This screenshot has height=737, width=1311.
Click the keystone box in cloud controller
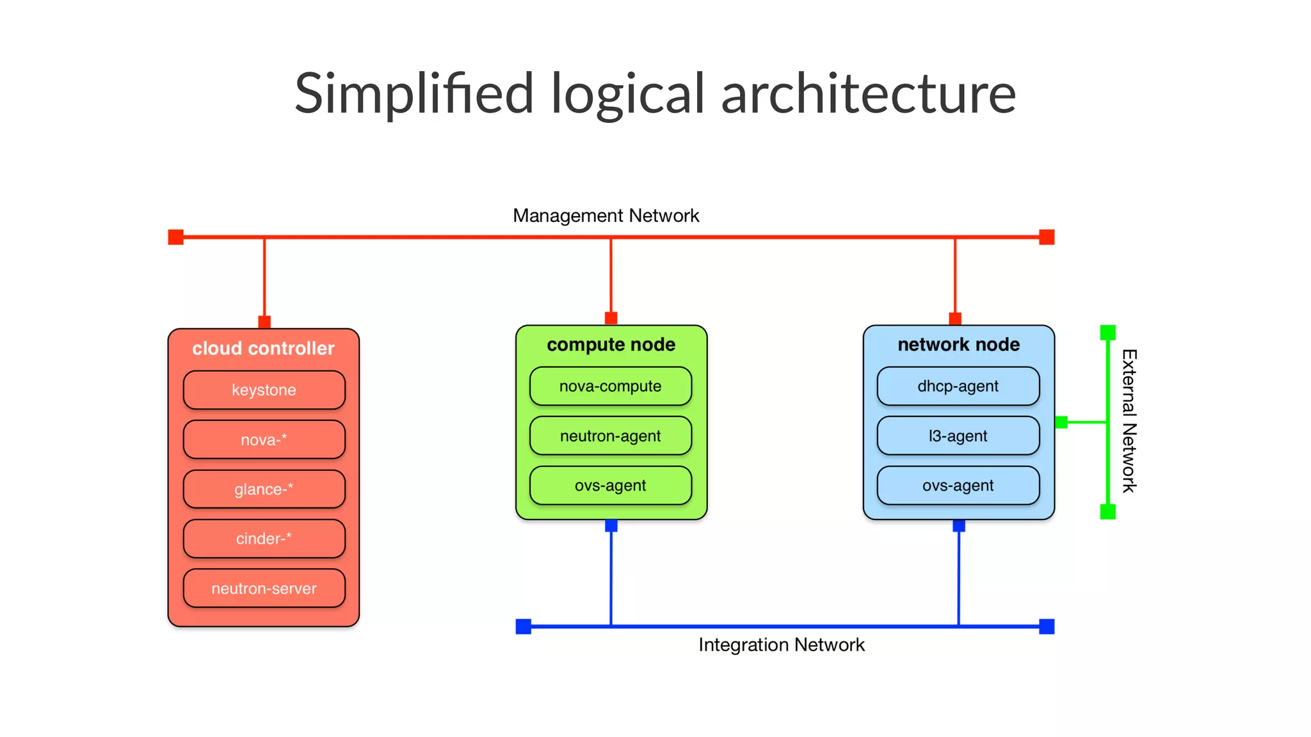(264, 390)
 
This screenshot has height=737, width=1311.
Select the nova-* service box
(264, 440)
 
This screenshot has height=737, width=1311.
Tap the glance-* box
(264, 489)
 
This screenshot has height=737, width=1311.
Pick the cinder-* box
(264, 539)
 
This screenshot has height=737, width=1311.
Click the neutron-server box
(264, 588)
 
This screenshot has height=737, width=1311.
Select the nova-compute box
(611, 386)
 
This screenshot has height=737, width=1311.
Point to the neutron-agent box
(611, 436)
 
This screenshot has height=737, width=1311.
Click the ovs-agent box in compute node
(611, 485)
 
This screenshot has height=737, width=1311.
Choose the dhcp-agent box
(958, 386)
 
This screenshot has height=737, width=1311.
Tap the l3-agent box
(958, 436)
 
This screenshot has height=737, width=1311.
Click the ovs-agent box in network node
(958, 485)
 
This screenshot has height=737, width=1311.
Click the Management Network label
(606, 216)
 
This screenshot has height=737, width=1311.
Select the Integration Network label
(781, 644)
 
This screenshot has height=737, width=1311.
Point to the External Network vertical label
(1129, 421)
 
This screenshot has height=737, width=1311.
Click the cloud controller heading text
(263, 348)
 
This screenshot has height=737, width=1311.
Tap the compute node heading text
(611, 344)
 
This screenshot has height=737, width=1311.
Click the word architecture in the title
(868, 93)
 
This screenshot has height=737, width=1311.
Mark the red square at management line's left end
(175, 237)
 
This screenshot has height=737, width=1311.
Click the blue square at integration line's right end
(1047, 626)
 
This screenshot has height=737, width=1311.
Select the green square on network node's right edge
(1061, 422)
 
